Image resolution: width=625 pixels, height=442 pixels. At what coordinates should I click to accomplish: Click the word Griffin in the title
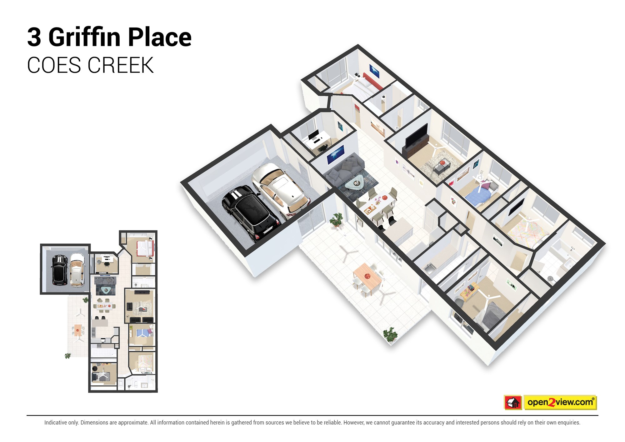click(84, 37)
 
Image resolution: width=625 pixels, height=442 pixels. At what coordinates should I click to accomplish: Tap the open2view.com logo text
click(560, 402)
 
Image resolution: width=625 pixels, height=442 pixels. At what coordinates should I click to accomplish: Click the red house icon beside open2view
click(513, 402)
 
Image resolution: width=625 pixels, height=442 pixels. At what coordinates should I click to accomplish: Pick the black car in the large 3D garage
click(250, 213)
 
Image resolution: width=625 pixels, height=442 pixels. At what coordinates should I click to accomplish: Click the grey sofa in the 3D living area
click(344, 170)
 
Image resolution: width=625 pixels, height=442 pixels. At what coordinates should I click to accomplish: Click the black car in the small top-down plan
click(59, 270)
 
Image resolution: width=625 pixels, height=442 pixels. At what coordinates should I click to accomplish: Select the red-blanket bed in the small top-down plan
click(145, 249)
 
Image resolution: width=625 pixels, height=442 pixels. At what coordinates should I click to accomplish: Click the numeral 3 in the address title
click(34, 37)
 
